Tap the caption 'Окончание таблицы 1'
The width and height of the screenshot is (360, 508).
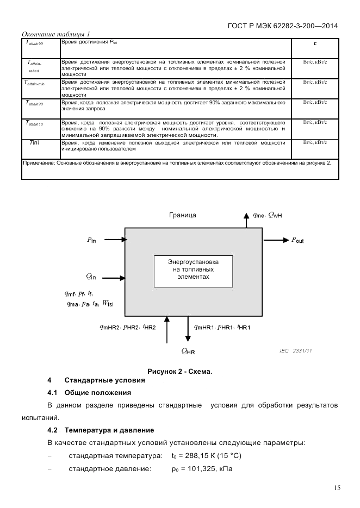[55, 34]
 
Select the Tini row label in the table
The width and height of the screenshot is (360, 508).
[34, 142]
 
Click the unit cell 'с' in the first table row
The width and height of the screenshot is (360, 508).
[315, 43]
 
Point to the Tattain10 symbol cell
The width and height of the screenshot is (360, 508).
[34, 123]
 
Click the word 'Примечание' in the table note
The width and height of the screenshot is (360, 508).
[39, 162]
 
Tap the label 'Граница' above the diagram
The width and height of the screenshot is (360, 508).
[182, 215]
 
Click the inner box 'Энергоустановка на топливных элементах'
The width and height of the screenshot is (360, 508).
[194, 270]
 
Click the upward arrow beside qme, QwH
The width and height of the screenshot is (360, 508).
[243, 220]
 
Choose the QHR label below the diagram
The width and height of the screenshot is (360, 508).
[188, 351]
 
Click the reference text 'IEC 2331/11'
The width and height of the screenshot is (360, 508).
[296, 350]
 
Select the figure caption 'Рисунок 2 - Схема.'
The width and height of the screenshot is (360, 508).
[179, 371]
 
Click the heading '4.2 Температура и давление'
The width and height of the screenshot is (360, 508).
[101, 430]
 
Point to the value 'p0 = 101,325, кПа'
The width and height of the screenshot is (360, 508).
[202, 468]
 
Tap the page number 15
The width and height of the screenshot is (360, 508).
[337, 488]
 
